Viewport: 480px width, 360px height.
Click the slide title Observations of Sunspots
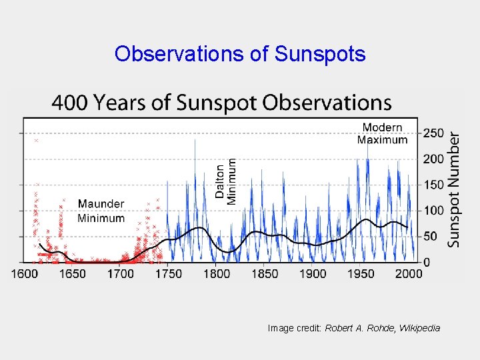point(240,53)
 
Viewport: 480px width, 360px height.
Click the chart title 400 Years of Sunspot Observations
point(221,103)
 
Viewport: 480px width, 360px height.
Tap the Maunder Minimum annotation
point(101,211)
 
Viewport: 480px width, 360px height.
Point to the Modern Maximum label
point(382,133)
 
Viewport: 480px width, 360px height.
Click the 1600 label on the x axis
point(24,273)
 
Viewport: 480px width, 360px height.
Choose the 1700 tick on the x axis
point(121,273)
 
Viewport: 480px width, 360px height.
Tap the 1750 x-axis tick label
point(169,273)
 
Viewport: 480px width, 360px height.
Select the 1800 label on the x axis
point(217,273)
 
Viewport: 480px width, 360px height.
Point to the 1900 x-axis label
point(313,273)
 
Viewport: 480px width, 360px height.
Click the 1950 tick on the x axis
point(361,273)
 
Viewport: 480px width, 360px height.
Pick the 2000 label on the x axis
point(408,273)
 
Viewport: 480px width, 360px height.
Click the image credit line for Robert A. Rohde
point(353,328)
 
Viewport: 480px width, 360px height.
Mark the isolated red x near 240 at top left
point(37,141)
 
